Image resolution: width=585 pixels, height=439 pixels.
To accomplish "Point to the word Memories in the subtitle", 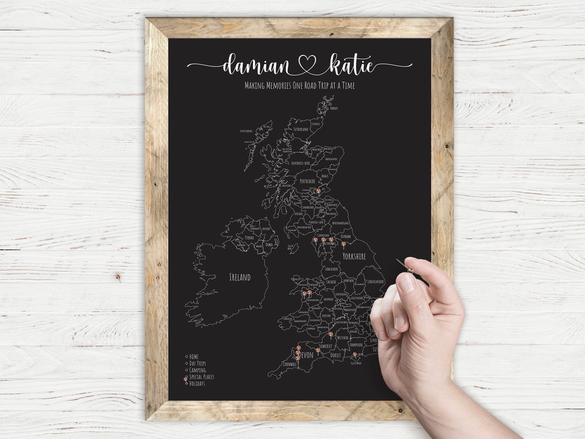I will pyautogui.click(x=285, y=86).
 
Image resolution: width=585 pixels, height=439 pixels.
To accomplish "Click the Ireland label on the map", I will pyautogui.click(x=240, y=277).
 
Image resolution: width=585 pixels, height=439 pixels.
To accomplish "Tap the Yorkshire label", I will pyautogui.click(x=354, y=256).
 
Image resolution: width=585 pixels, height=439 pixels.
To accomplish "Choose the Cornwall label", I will pyautogui.click(x=290, y=364).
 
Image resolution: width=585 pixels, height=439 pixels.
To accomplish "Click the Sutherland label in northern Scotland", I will pyautogui.click(x=301, y=130).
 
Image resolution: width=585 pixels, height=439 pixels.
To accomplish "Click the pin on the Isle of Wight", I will pyautogui.click(x=355, y=354).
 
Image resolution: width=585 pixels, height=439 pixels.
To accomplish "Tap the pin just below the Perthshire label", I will pyautogui.click(x=318, y=191).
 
